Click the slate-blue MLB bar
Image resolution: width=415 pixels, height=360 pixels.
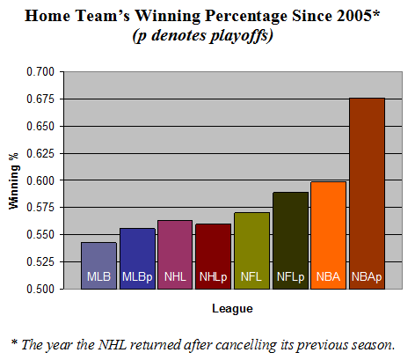point(98,266)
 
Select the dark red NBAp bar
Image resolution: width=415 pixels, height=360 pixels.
point(367,194)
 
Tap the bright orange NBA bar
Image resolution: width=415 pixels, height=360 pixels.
point(329,235)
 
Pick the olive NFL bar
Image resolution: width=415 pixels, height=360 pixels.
point(251,251)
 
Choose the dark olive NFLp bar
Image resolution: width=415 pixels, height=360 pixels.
point(290,240)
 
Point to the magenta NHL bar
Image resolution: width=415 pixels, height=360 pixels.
point(175,254)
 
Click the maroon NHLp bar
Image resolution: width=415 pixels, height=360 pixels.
point(213,256)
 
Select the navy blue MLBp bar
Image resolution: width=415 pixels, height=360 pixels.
point(137,259)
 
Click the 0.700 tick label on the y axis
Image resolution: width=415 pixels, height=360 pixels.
point(40,71)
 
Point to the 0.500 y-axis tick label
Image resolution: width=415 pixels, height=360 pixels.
point(40,289)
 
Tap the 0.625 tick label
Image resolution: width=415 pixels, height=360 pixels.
point(40,153)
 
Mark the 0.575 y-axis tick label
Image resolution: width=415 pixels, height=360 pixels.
point(40,208)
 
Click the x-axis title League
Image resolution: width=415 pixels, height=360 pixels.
point(232,309)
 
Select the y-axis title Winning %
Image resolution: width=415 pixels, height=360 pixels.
point(14,181)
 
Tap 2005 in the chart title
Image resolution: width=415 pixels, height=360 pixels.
point(354,16)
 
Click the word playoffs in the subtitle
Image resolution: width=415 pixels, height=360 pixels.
point(240,36)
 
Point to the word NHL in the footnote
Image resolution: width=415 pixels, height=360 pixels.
point(113,344)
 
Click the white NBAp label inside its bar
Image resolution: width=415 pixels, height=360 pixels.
point(367,276)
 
